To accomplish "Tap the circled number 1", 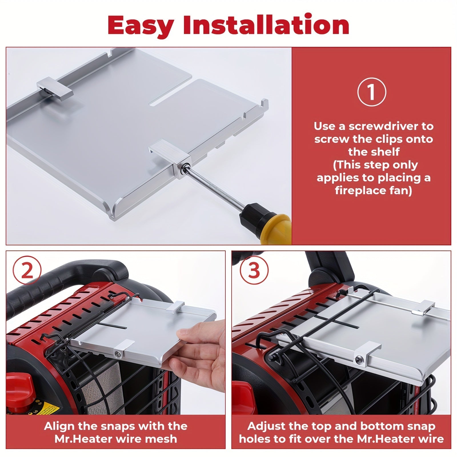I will click(372, 92).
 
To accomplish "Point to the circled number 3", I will click(254, 270).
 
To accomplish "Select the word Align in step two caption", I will click(59, 426).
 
